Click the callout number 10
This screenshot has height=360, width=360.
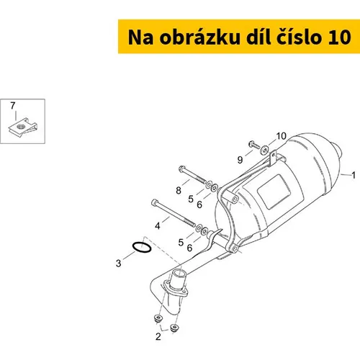(282, 136)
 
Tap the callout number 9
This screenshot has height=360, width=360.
(240, 160)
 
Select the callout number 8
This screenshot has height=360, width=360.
(179, 191)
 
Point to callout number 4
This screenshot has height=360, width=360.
(158, 226)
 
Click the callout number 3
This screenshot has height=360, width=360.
(118, 264)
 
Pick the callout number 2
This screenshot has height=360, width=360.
(158, 337)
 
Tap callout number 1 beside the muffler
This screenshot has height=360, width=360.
(354, 175)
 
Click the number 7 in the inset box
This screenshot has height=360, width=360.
(13, 106)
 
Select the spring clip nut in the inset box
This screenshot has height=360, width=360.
(23, 127)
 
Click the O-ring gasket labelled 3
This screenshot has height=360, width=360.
(142, 247)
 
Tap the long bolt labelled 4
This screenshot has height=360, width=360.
(173, 213)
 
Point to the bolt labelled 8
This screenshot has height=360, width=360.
(192, 174)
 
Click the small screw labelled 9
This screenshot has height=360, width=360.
(254, 145)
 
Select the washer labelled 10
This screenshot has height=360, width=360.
(265, 150)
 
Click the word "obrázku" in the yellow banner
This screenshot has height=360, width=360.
(199, 37)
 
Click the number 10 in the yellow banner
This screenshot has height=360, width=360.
(339, 38)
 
